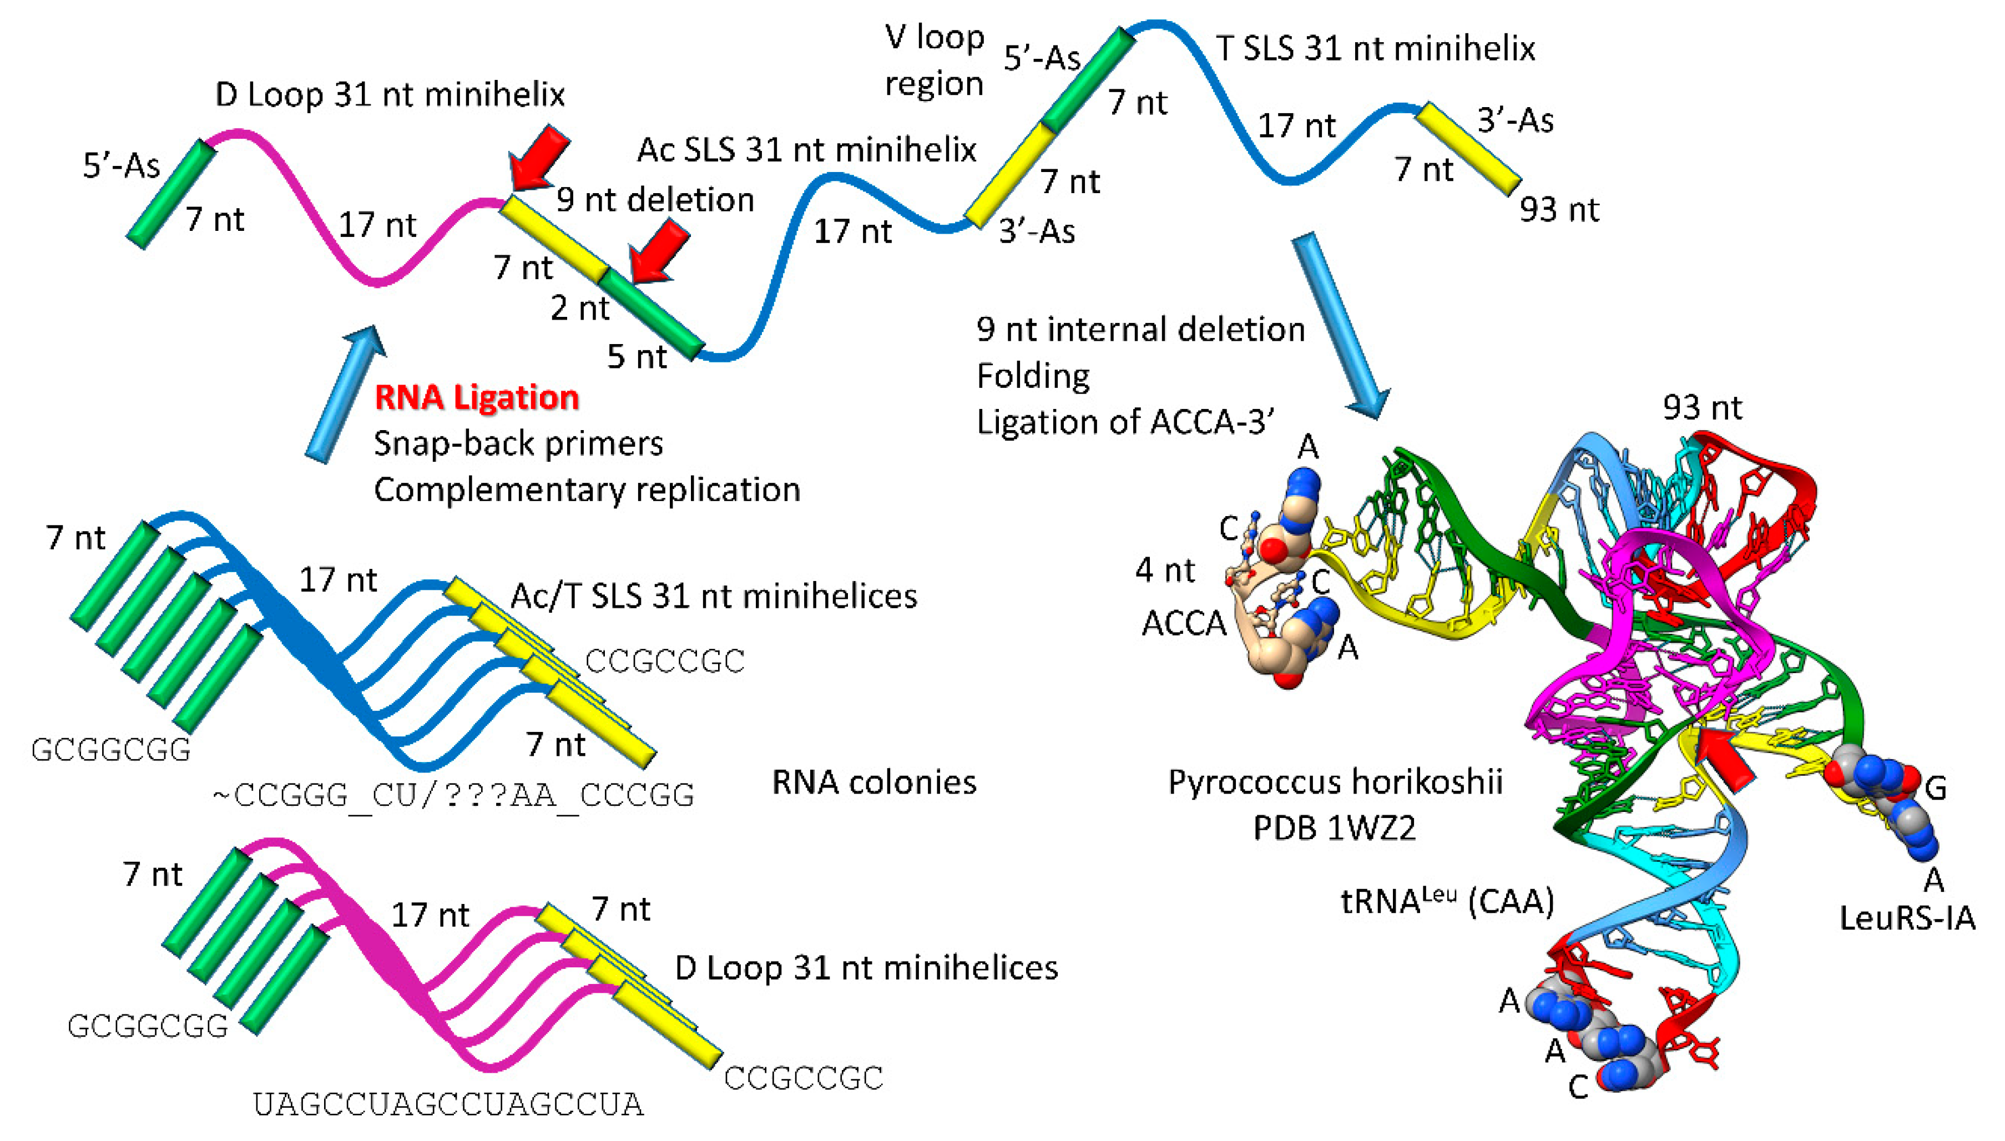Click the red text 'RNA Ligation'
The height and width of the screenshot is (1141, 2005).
[x=476, y=397]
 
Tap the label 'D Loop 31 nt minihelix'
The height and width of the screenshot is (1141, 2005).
[x=390, y=95]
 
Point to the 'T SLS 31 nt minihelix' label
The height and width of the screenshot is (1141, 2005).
[x=1375, y=49]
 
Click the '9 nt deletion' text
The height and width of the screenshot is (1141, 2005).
[x=655, y=200]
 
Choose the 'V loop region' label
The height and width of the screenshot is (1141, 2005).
[x=934, y=60]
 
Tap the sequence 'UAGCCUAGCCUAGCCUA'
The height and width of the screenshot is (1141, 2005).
[x=448, y=1104]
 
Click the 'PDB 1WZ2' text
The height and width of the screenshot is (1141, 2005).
[x=1334, y=827]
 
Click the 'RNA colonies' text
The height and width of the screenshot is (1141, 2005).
[x=873, y=782]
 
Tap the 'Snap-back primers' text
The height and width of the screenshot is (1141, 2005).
[x=518, y=443]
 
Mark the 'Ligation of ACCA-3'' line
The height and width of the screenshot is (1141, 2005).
[x=1125, y=422]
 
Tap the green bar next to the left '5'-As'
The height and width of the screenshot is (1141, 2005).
[x=171, y=194]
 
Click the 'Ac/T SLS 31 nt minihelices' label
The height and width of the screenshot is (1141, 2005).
[x=713, y=597]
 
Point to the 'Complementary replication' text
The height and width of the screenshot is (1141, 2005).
[x=587, y=490]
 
